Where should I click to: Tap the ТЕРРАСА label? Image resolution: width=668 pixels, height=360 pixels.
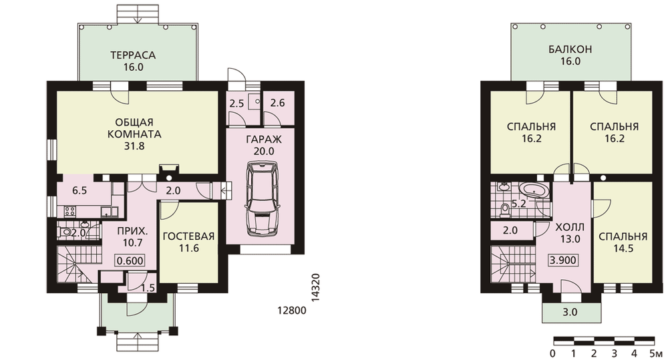coord(133,55)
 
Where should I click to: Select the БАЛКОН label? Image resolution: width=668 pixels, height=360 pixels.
coord(570,49)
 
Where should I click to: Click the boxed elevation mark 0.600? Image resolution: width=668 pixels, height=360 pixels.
coord(130,260)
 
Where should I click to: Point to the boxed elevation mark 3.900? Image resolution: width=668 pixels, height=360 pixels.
coord(562,259)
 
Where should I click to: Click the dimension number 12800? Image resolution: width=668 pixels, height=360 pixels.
coord(292,311)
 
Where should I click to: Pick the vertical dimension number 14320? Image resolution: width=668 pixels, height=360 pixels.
coord(316,288)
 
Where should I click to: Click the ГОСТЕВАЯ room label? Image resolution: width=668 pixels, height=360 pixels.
coord(189,237)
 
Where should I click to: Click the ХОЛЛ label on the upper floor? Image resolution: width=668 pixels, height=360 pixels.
coord(570,227)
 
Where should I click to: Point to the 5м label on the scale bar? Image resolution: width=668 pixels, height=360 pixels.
coord(656,353)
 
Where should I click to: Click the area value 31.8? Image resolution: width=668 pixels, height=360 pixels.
coord(134,146)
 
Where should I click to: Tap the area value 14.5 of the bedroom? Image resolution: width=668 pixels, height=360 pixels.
coord(623,248)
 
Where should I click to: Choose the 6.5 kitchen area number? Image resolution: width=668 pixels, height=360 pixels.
coord(79,190)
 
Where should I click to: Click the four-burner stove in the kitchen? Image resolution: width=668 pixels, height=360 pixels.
coord(70,211)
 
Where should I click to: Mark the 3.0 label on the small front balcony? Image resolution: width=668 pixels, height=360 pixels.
coord(570,313)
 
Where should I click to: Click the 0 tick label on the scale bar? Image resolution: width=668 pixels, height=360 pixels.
coord(552,353)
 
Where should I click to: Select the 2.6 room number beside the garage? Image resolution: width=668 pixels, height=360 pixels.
coord(277,103)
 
